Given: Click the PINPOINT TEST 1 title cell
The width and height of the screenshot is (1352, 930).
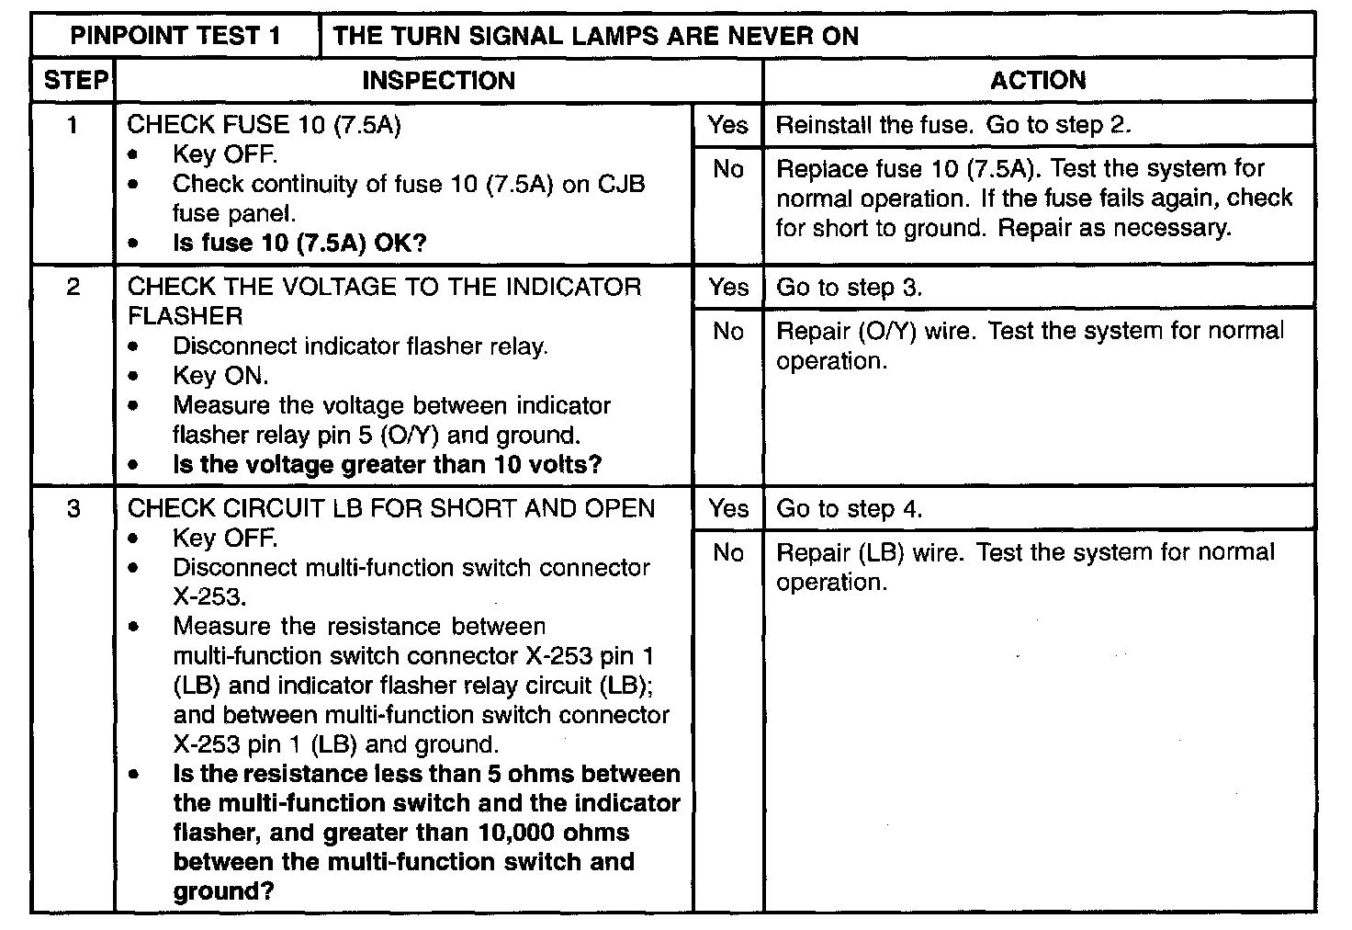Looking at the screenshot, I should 175,36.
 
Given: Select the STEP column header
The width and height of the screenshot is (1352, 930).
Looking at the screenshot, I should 74,81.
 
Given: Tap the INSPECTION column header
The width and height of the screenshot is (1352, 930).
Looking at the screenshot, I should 438,81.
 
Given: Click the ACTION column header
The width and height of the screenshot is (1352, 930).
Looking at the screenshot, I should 1038,81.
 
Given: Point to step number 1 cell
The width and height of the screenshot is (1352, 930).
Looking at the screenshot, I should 73,124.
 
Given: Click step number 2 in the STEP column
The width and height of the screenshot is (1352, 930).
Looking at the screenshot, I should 73,287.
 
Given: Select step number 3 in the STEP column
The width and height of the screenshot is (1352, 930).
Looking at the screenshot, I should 73,508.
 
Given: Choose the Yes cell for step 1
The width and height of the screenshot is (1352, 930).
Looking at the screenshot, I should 727,125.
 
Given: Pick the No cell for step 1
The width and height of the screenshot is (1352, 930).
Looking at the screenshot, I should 727,169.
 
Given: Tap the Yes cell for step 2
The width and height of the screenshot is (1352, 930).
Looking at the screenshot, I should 727,288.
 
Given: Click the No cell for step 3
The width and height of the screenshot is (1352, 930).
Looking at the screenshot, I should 727,552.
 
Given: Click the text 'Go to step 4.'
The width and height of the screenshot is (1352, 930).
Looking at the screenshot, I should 850,509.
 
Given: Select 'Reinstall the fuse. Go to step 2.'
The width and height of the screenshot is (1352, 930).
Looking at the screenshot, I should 953,125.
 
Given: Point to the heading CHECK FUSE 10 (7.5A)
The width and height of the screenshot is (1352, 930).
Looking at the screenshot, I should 265,125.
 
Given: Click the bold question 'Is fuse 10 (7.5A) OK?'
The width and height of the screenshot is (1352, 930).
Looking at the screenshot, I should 299,244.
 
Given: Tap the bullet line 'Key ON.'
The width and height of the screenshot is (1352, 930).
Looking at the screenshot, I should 220,376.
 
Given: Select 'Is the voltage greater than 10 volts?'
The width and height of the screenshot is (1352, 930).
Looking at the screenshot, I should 387,465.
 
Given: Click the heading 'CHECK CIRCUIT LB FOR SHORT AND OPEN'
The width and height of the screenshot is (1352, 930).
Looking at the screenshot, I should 391,509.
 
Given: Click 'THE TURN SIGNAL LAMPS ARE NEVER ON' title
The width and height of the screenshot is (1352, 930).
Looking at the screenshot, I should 596,36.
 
